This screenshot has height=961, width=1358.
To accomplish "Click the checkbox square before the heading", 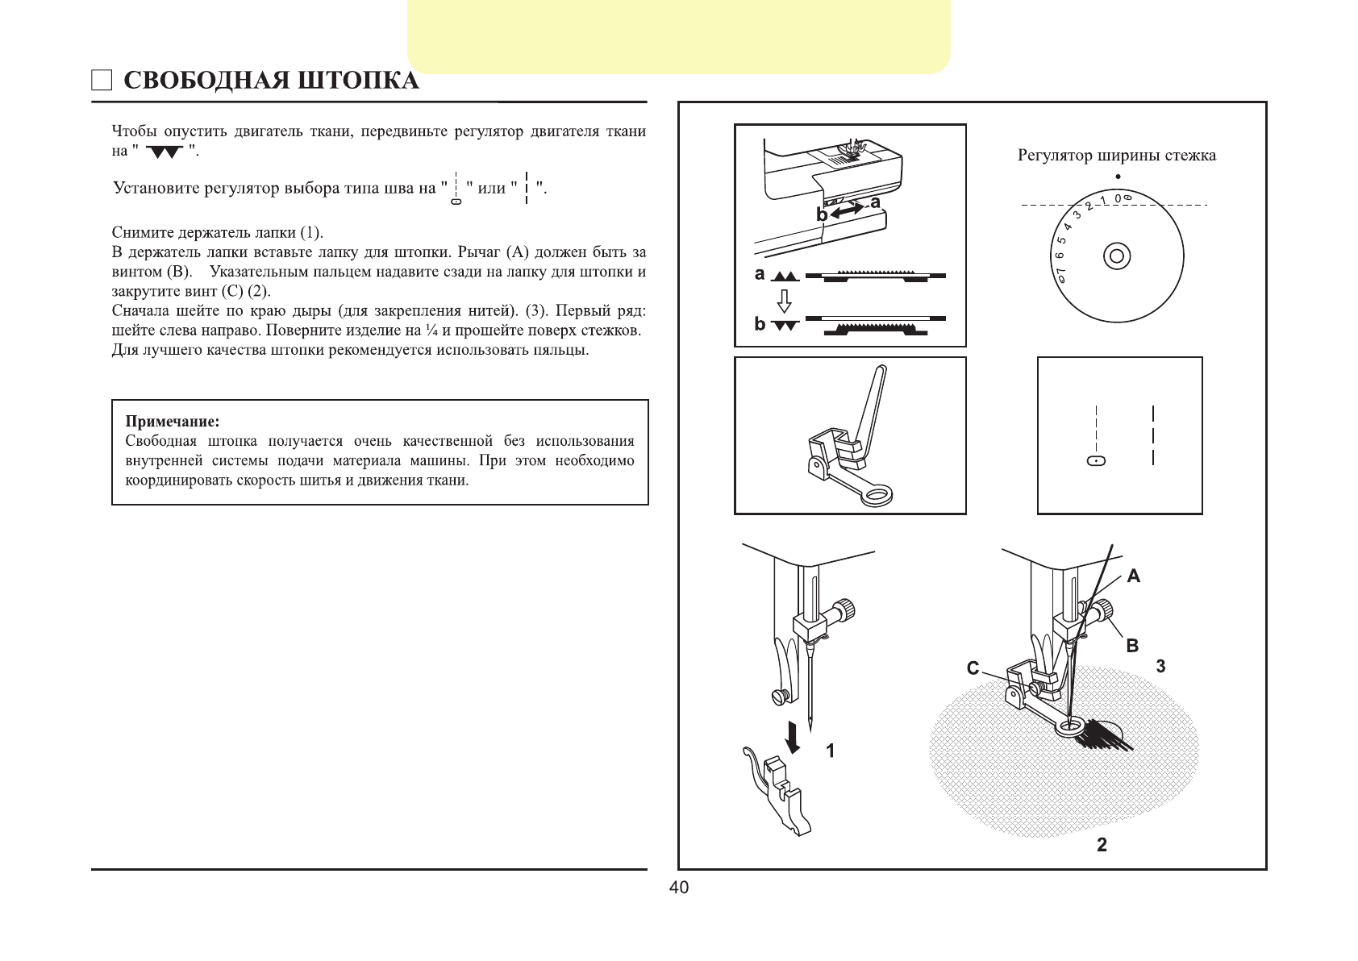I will [101, 81].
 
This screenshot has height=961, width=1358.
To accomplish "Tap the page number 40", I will [679, 888].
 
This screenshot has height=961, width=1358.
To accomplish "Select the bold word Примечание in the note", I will [172, 422].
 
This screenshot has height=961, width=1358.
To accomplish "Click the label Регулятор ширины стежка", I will [1116, 156].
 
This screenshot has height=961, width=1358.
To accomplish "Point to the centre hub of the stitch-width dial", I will [1116, 256].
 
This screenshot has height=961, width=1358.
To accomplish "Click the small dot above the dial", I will [1118, 177].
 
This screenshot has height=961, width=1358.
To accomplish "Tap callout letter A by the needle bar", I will [1134, 576].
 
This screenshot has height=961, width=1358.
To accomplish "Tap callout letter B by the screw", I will [1132, 645].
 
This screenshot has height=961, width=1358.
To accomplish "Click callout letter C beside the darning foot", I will [973, 668].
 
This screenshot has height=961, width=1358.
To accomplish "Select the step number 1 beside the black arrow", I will [830, 751].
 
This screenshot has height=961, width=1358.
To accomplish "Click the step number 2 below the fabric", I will [1102, 845].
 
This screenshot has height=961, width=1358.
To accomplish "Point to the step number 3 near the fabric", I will [1160, 667].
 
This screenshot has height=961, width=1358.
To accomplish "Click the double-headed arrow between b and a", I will [847, 210].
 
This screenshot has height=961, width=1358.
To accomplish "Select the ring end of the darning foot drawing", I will [877, 495].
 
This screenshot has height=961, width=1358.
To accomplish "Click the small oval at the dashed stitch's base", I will [1097, 460].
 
